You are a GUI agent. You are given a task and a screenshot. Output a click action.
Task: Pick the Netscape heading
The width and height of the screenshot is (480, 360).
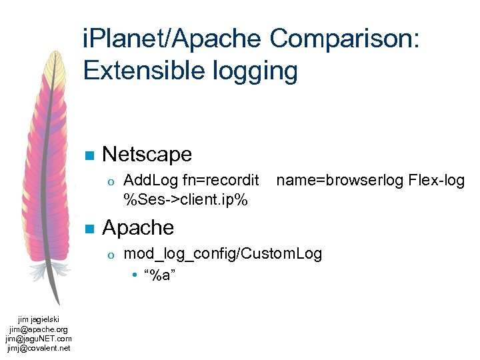pyautogui.click(x=147, y=155)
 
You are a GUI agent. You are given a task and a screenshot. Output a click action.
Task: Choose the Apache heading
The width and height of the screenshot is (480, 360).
pyautogui.click(x=138, y=228)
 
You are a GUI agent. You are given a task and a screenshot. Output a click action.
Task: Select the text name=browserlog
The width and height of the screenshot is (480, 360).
pyautogui.click(x=339, y=180)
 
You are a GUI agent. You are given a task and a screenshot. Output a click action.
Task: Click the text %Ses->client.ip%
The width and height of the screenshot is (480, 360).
pyautogui.click(x=186, y=197)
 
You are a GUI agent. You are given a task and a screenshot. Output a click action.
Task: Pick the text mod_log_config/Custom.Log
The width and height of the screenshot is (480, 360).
pyautogui.click(x=223, y=253)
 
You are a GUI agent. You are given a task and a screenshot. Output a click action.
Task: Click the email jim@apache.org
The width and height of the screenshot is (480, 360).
pyautogui.click(x=39, y=329)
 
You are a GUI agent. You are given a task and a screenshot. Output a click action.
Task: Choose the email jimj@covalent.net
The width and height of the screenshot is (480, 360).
pyautogui.click(x=39, y=347)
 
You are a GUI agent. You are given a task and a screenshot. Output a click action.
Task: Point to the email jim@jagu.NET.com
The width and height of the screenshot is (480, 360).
pyautogui.click(x=39, y=338)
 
